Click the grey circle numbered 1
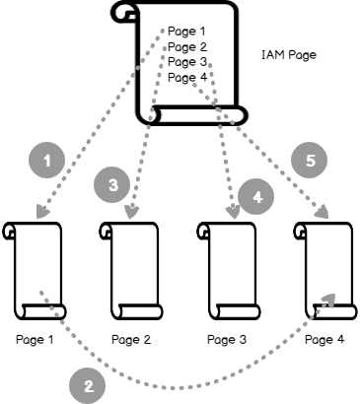coord(47,161)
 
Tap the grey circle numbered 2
coord(88,386)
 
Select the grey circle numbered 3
coord(112,184)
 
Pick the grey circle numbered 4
coord(256,197)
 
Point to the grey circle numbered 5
coord(310,161)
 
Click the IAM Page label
coord(289,55)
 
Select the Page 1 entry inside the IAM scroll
coord(186,32)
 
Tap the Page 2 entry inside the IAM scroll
coord(187,47)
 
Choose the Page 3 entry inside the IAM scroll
coord(187,62)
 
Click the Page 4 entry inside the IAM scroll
coord(187,77)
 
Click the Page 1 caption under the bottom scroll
coord(35,339)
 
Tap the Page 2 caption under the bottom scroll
coord(131,339)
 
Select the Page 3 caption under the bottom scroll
coord(227,339)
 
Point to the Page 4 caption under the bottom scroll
coord(324,339)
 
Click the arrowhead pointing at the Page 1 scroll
coord(42,212)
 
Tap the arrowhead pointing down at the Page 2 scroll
coord(131,212)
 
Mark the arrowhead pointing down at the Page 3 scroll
coord(234,213)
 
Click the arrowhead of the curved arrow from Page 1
coord(328,300)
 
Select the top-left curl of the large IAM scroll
coord(124,12)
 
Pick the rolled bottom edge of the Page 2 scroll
coord(139,311)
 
